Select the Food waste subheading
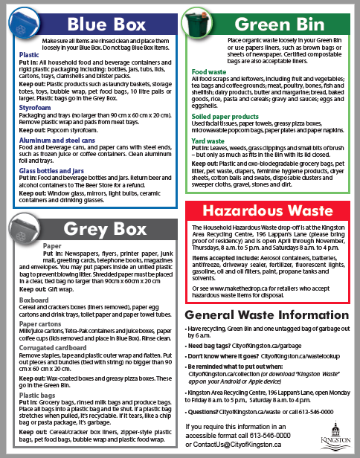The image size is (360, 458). coord(208,73)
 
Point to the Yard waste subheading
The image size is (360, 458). coord(208,140)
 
